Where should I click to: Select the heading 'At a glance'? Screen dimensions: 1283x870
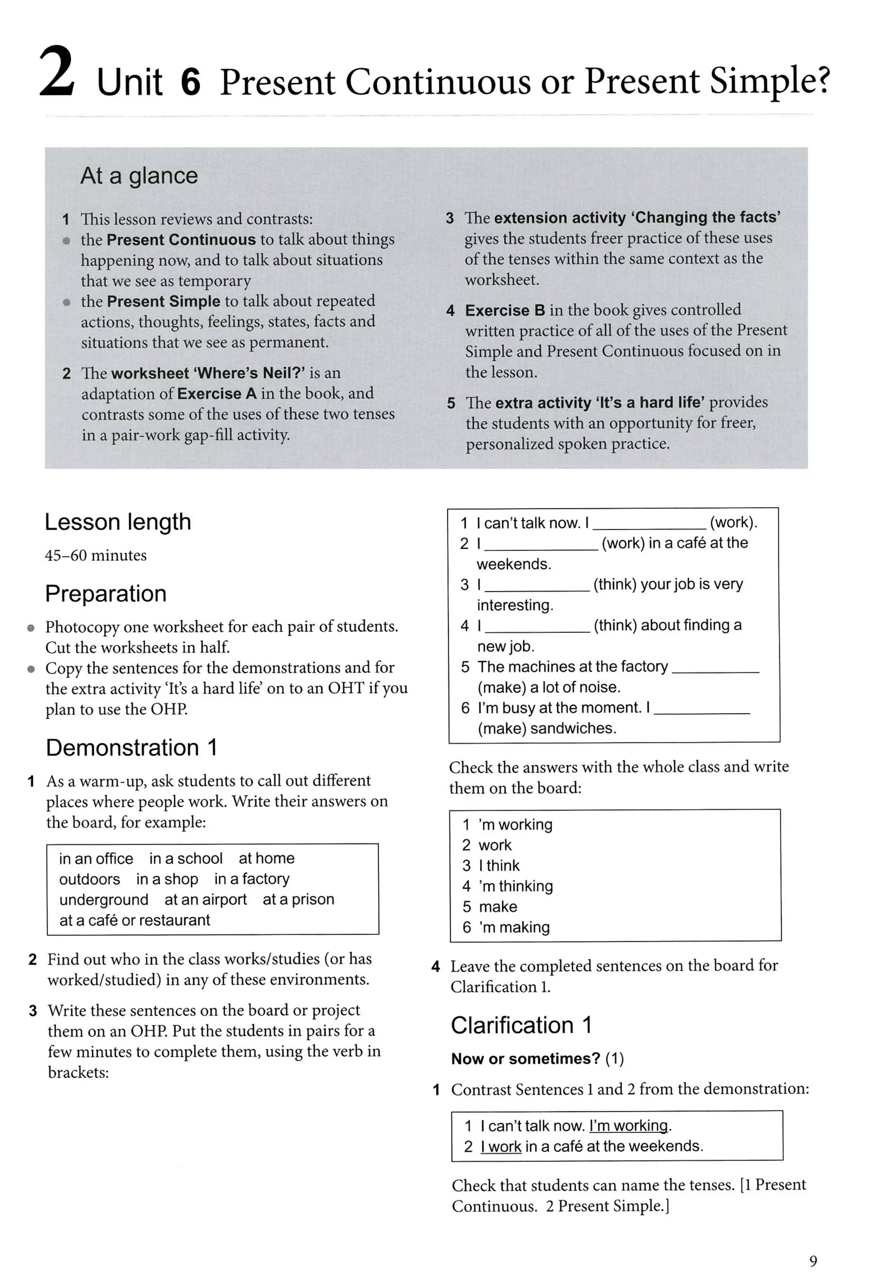tap(138, 175)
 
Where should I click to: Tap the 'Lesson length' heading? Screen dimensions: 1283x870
tap(118, 522)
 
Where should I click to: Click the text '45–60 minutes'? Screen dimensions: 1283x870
tap(96, 555)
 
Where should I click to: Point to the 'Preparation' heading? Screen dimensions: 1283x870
tap(105, 593)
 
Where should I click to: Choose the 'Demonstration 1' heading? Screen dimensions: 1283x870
tap(131, 748)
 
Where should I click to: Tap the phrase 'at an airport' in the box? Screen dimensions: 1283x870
tap(205, 899)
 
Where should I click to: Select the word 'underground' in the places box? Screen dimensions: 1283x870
tap(104, 899)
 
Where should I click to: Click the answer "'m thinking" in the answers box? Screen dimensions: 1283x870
tap(516, 886)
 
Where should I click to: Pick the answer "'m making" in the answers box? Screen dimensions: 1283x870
tap(514, 927)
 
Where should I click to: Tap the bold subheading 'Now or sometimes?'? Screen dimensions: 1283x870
tap(525, 1058)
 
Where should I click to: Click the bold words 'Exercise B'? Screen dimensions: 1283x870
tap(505, 310)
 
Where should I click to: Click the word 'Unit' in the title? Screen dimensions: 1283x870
tap(130, 83)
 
